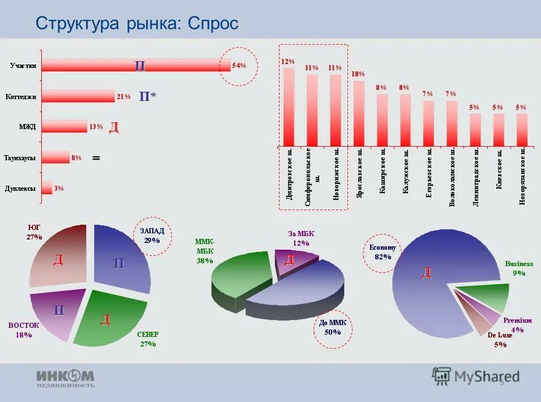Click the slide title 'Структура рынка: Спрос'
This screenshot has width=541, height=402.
pyautogui.click(x=137, y=23)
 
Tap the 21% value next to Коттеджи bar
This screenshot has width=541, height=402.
pyautogui.click(x=124, y=97)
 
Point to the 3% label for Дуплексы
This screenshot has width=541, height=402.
pyautogui.click(x=59, y=189)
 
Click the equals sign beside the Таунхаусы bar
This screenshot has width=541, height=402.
pyautogui.click(x=96, y=158)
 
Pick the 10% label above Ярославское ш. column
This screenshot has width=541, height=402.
pyautogui.click(x=358, y=74)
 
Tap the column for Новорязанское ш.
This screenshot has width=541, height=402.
pyautogui.click(x=522, y=129)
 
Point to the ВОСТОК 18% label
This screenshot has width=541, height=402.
pyautogui.click(x=24, y=330)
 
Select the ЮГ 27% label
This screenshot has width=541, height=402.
pyautogui.click(x=34, y=232)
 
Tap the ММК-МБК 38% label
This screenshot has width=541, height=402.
pyautogui.click(x=205, y=251)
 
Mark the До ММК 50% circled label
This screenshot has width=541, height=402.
pyautogui.click(x=332, y=327)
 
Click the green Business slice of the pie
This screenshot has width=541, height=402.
pyautogui.click(x=481, y=297)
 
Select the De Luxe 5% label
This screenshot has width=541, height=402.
pyautogui.click(x=500, y=340)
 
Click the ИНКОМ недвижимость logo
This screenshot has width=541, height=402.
pyautogui.click(x=66, y=378)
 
